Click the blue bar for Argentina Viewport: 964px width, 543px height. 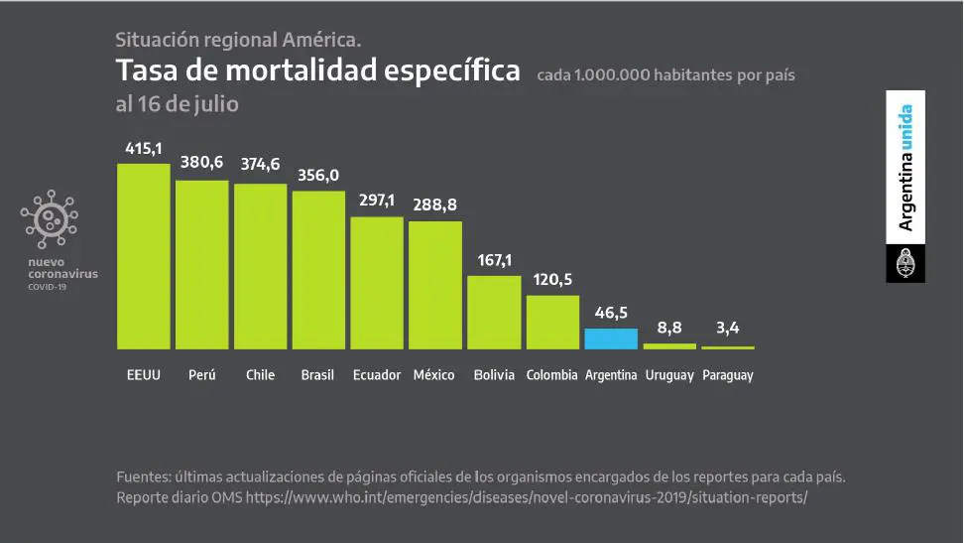610,339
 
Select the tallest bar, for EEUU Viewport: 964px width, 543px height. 143,256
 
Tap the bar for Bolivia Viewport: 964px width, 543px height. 494,312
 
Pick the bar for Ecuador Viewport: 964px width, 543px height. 377,282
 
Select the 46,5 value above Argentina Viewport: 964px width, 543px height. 610,312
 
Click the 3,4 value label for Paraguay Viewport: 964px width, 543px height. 727,329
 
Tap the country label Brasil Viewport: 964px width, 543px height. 317,375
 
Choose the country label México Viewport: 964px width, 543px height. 434,375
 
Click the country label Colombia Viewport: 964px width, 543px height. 551,375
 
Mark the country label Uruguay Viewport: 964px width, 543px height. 668,375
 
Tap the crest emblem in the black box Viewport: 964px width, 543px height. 904,265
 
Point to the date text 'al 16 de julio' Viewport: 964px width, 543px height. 178,103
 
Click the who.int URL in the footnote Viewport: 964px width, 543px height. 527,497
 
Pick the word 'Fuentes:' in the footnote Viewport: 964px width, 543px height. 144,476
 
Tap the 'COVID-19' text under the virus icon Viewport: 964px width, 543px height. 48,288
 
